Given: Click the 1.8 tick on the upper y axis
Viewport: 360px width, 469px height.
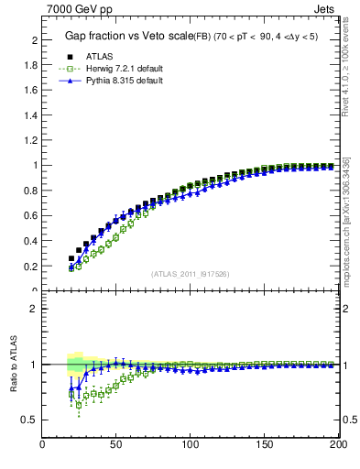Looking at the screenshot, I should (30, 66).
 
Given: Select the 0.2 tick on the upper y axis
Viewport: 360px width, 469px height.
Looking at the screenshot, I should (30, 267).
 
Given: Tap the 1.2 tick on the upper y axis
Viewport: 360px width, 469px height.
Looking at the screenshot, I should (30, 141).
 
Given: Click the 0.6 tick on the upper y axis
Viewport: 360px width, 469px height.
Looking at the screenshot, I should (30, 216).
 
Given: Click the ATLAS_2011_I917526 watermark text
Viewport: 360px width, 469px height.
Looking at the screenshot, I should (191, 274).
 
